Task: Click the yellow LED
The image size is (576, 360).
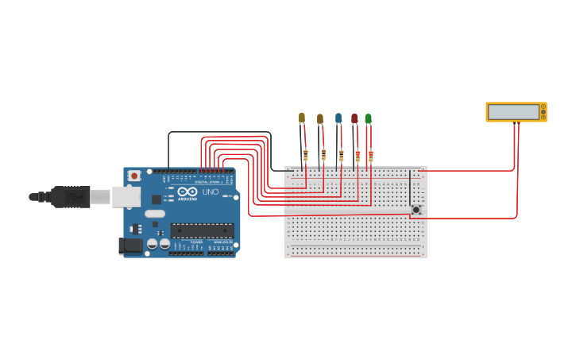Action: click(302, 118)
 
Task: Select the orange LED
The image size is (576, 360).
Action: click(320, 119)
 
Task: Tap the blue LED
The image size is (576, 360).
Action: click(338, 118)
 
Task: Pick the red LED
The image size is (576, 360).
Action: click(354, 118)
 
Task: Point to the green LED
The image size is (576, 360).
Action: click(368, 118)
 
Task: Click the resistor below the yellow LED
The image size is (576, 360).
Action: click(306, 156)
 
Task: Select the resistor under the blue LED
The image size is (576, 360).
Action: click(342, 156)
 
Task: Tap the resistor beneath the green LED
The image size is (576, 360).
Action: click(371, 156)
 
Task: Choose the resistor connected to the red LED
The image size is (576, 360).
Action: click(358, 156)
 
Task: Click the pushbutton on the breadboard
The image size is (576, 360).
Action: click(416, 210)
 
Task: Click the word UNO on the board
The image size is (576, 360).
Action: click(211, 192)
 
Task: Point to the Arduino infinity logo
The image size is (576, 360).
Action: click(187, 192)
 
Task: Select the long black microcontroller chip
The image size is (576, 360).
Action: click(202, 230)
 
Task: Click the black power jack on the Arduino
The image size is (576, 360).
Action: click(130, 246)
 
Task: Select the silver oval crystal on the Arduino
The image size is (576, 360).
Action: click(155, 213)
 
